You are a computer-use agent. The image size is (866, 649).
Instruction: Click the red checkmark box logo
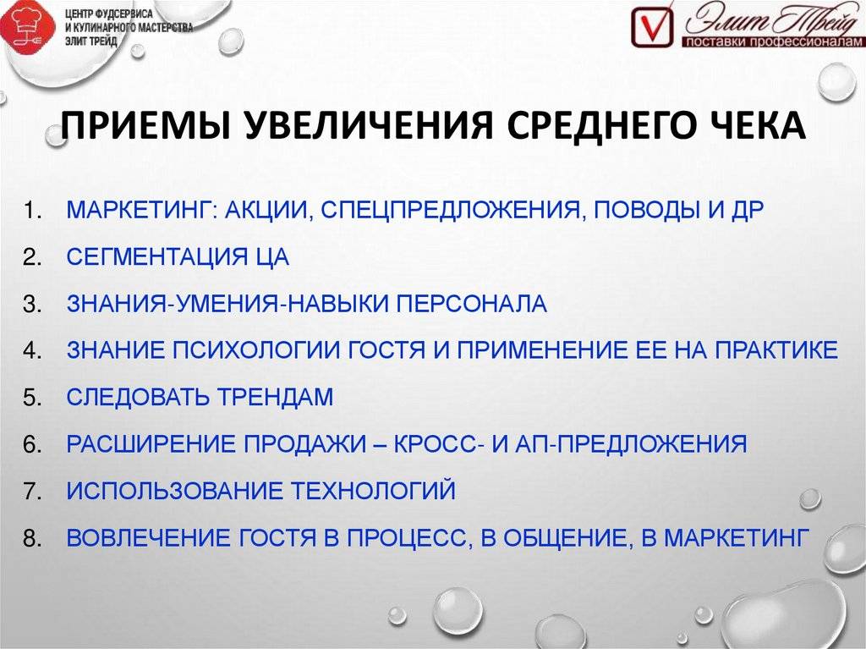653,26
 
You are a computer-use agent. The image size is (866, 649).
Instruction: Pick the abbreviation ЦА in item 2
272,257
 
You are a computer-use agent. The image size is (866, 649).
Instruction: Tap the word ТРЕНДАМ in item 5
275,398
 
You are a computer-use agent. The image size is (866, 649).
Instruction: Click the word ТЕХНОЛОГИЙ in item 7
373,491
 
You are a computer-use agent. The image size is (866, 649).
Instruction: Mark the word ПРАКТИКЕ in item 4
776,350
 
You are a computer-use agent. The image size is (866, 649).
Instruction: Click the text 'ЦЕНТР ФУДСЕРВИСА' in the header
109,14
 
